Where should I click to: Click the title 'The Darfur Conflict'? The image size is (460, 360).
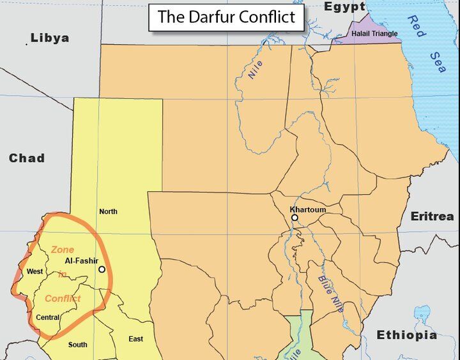(226, 17)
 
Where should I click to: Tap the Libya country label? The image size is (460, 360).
(49, 38)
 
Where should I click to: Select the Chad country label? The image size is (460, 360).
(26, 158)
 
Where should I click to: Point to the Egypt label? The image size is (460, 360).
(344, 7)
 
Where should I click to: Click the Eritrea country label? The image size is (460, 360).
(432, 216)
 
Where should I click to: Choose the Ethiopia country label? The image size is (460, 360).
(406, 335)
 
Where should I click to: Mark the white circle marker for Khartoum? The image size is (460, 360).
(295, 218)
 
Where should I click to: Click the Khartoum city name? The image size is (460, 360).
(307, 209)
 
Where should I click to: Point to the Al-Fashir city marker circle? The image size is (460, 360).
(102, 269)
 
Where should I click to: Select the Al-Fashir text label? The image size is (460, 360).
(81, 261)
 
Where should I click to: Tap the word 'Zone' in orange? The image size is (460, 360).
(63, 250)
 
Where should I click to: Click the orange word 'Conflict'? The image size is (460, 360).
(63, 298)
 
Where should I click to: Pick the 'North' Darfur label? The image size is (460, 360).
(108, 211)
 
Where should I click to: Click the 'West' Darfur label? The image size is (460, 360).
(34, 272)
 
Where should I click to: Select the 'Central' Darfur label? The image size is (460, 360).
(48, 317)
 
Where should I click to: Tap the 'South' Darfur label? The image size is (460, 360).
(77, 345)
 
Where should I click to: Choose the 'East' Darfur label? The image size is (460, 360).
(135, 339)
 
